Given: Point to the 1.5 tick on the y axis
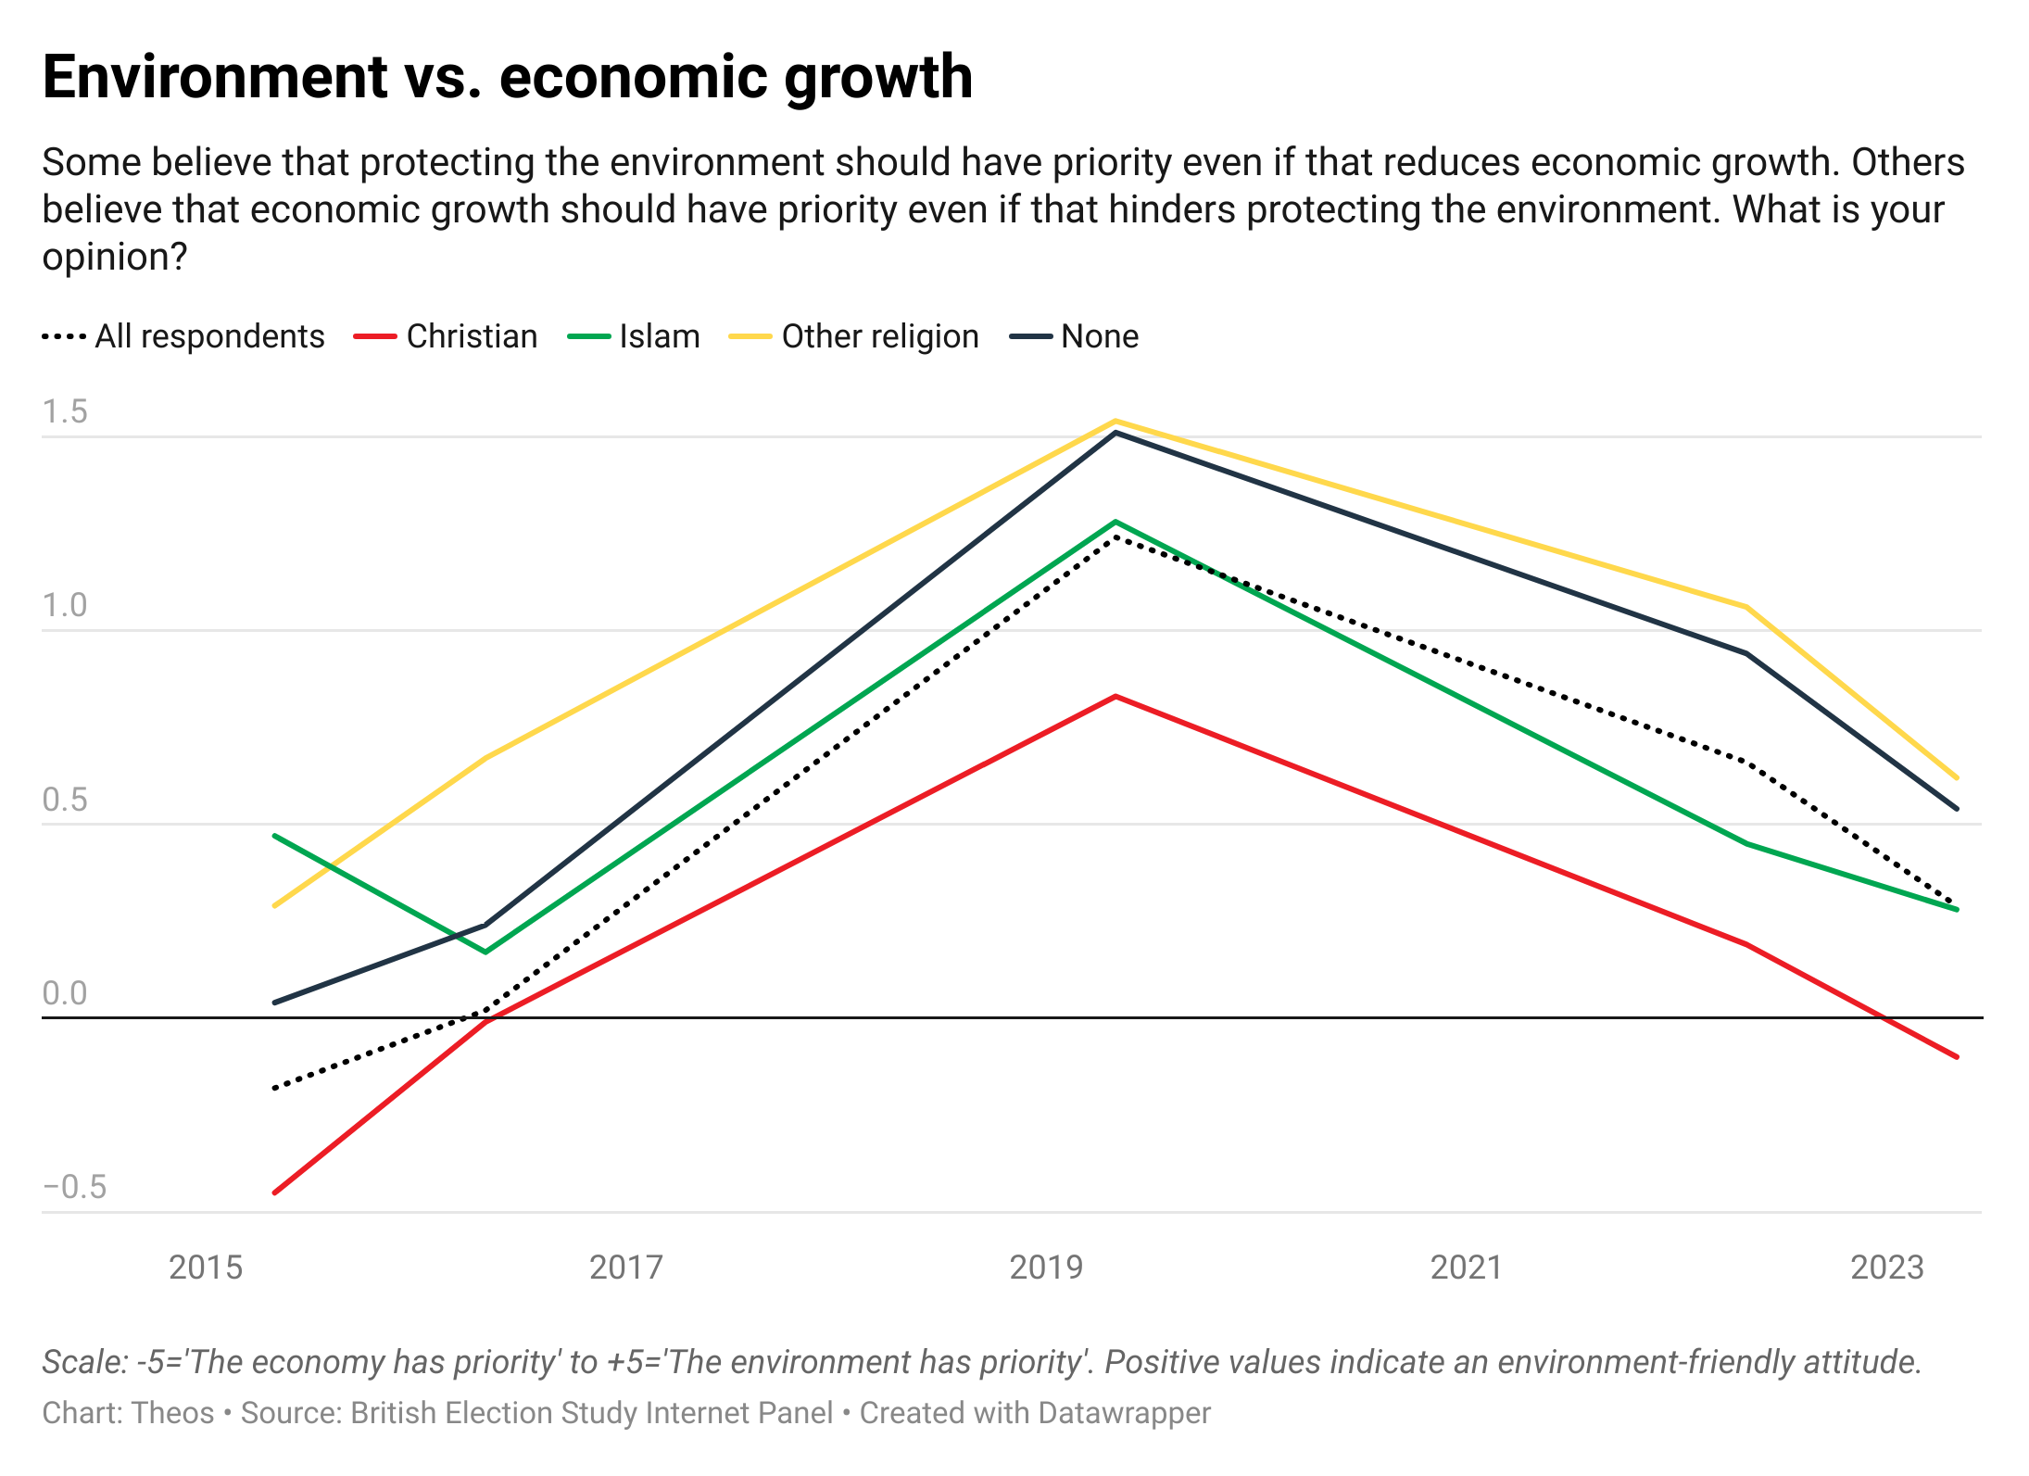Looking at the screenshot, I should [65, 411].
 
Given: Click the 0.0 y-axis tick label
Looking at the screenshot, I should [65, 993].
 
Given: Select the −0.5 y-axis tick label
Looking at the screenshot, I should [74, 1187].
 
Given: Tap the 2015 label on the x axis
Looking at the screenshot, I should [206, 1267].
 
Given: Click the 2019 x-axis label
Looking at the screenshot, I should [1046, 1267].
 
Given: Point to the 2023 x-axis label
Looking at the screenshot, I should [1886, 1267].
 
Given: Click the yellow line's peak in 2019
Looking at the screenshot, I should [1115, 422].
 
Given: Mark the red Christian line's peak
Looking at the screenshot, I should [1115, 697].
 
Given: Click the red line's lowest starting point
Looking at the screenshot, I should [275, 1192].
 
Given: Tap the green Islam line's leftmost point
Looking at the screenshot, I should [275, 836].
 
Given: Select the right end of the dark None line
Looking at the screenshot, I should [1956, 809].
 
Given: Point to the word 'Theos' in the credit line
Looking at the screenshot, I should [173, 1412].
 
